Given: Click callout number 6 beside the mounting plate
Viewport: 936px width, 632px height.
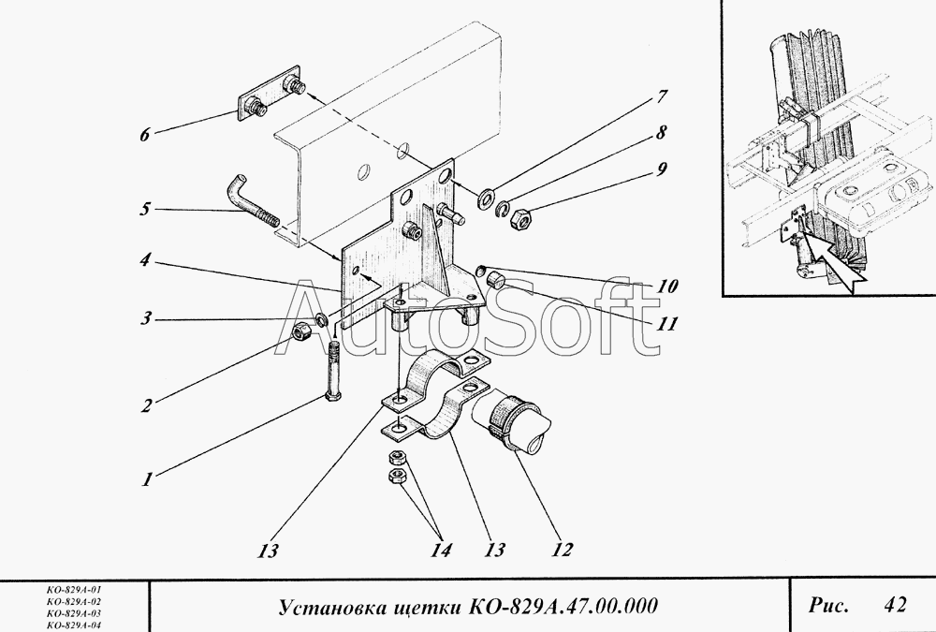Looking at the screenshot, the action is tap(144, 135).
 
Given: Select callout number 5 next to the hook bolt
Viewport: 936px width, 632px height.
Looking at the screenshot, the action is tap(144, 209).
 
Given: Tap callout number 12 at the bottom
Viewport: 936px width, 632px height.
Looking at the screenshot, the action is tap(561, 550).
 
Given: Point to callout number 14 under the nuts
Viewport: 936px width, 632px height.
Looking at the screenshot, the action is tap(441, 550).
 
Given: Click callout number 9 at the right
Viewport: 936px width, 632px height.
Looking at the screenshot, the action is tap(661, 169).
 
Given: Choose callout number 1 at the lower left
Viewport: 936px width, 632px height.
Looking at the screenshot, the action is tap(147, 479).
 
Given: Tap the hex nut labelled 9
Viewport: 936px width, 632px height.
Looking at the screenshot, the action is tap(521, 219).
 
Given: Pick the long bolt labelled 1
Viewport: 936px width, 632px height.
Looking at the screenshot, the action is tap(333, 372).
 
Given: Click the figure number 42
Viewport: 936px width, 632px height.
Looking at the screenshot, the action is tap(895, 605).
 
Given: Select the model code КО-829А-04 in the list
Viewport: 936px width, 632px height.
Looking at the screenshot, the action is tap(74, 625).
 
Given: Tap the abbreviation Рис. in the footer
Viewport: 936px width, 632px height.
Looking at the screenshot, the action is tap(828, 605).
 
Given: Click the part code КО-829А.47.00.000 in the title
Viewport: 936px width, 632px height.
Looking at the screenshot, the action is tap(563, 606).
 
